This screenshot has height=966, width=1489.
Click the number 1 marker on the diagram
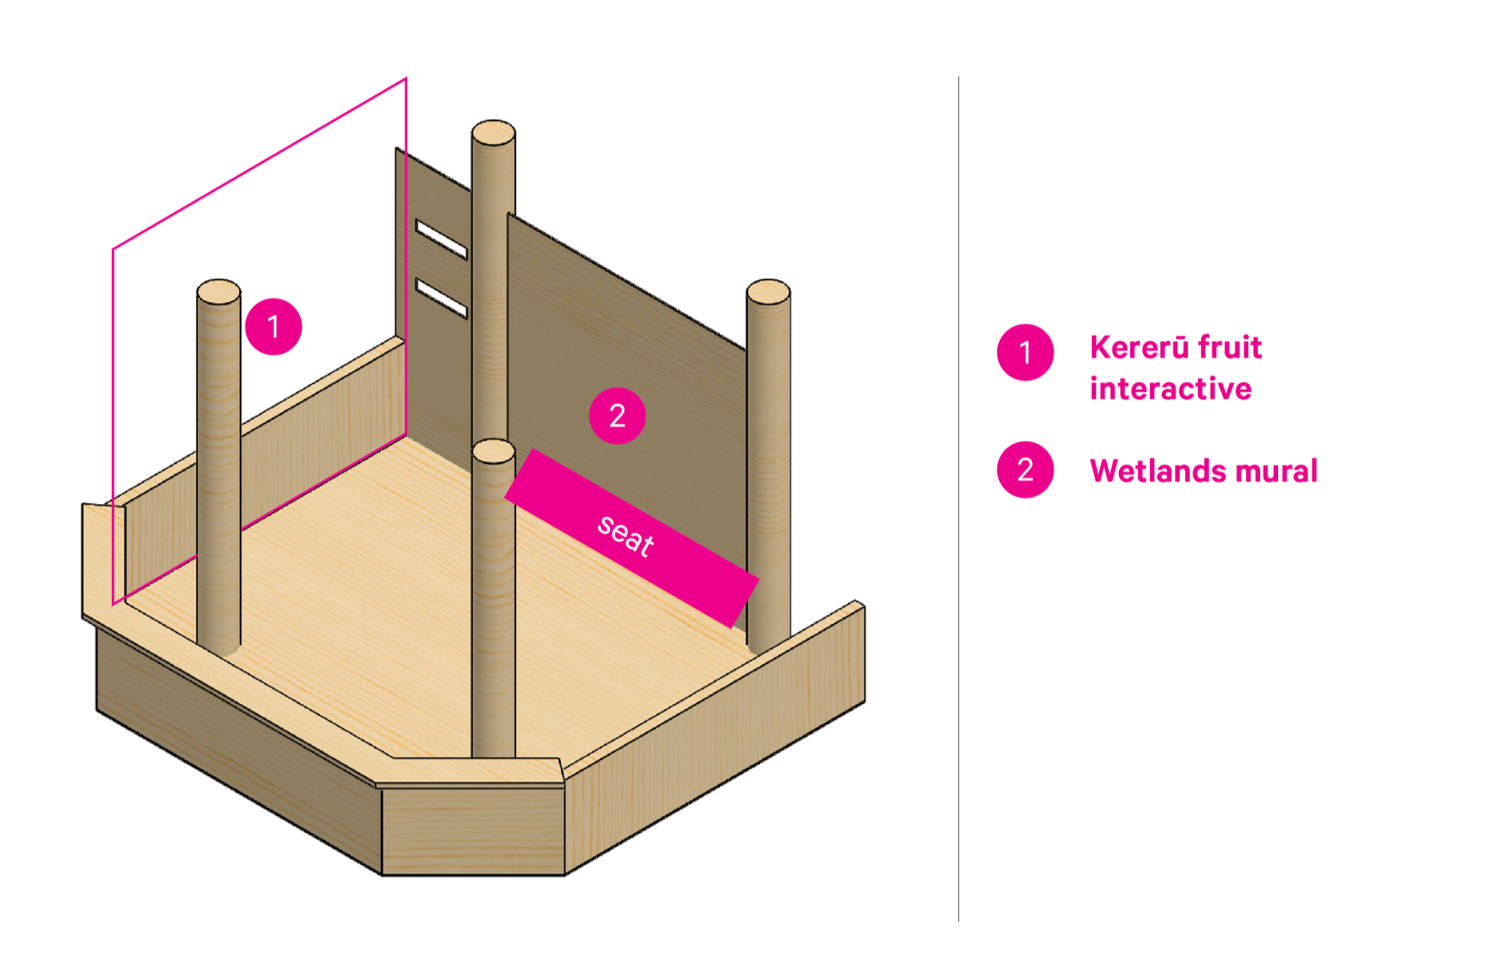pyautogui.click(x=273, y=327)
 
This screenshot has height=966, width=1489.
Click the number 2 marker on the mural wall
pyautogui.click(x=617, y=416)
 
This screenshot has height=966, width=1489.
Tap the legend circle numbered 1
pyautogui.click(x=1025, y=352)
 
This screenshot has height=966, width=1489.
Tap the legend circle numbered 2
pyautogui.click(x=1025, y=470)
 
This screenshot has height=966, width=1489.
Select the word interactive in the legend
pyautogui.click(x=1171, y=389)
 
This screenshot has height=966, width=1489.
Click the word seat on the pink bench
pyautogui.click(x=625, y=535)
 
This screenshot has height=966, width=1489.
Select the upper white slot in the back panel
pyautogui.click(x=441, y=239)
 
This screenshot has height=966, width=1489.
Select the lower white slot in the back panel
pyautogui.click(x=441, y=299)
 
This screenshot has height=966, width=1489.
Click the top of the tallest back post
pyautogui.click(x=494, y=133)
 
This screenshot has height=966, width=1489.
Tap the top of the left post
pyautogui.click(x=218, y=292)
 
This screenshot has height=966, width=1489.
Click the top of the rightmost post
pyautogui.click(x=768, y=292)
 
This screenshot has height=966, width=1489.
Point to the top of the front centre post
pyautogui.click(x=494, y=451)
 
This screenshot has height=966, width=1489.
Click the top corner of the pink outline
pyautogui.click(x=405, y=79)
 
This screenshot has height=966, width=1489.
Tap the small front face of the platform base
pyautogui.click(x=473, y=831)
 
